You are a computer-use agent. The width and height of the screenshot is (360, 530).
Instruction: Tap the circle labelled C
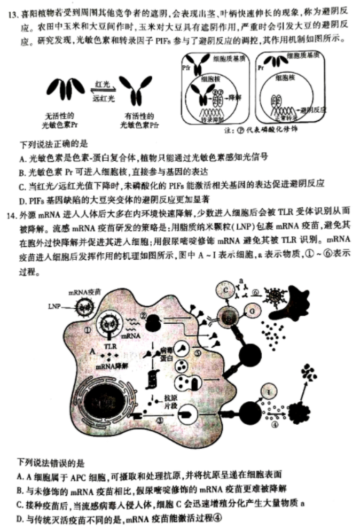click(226, 291)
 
